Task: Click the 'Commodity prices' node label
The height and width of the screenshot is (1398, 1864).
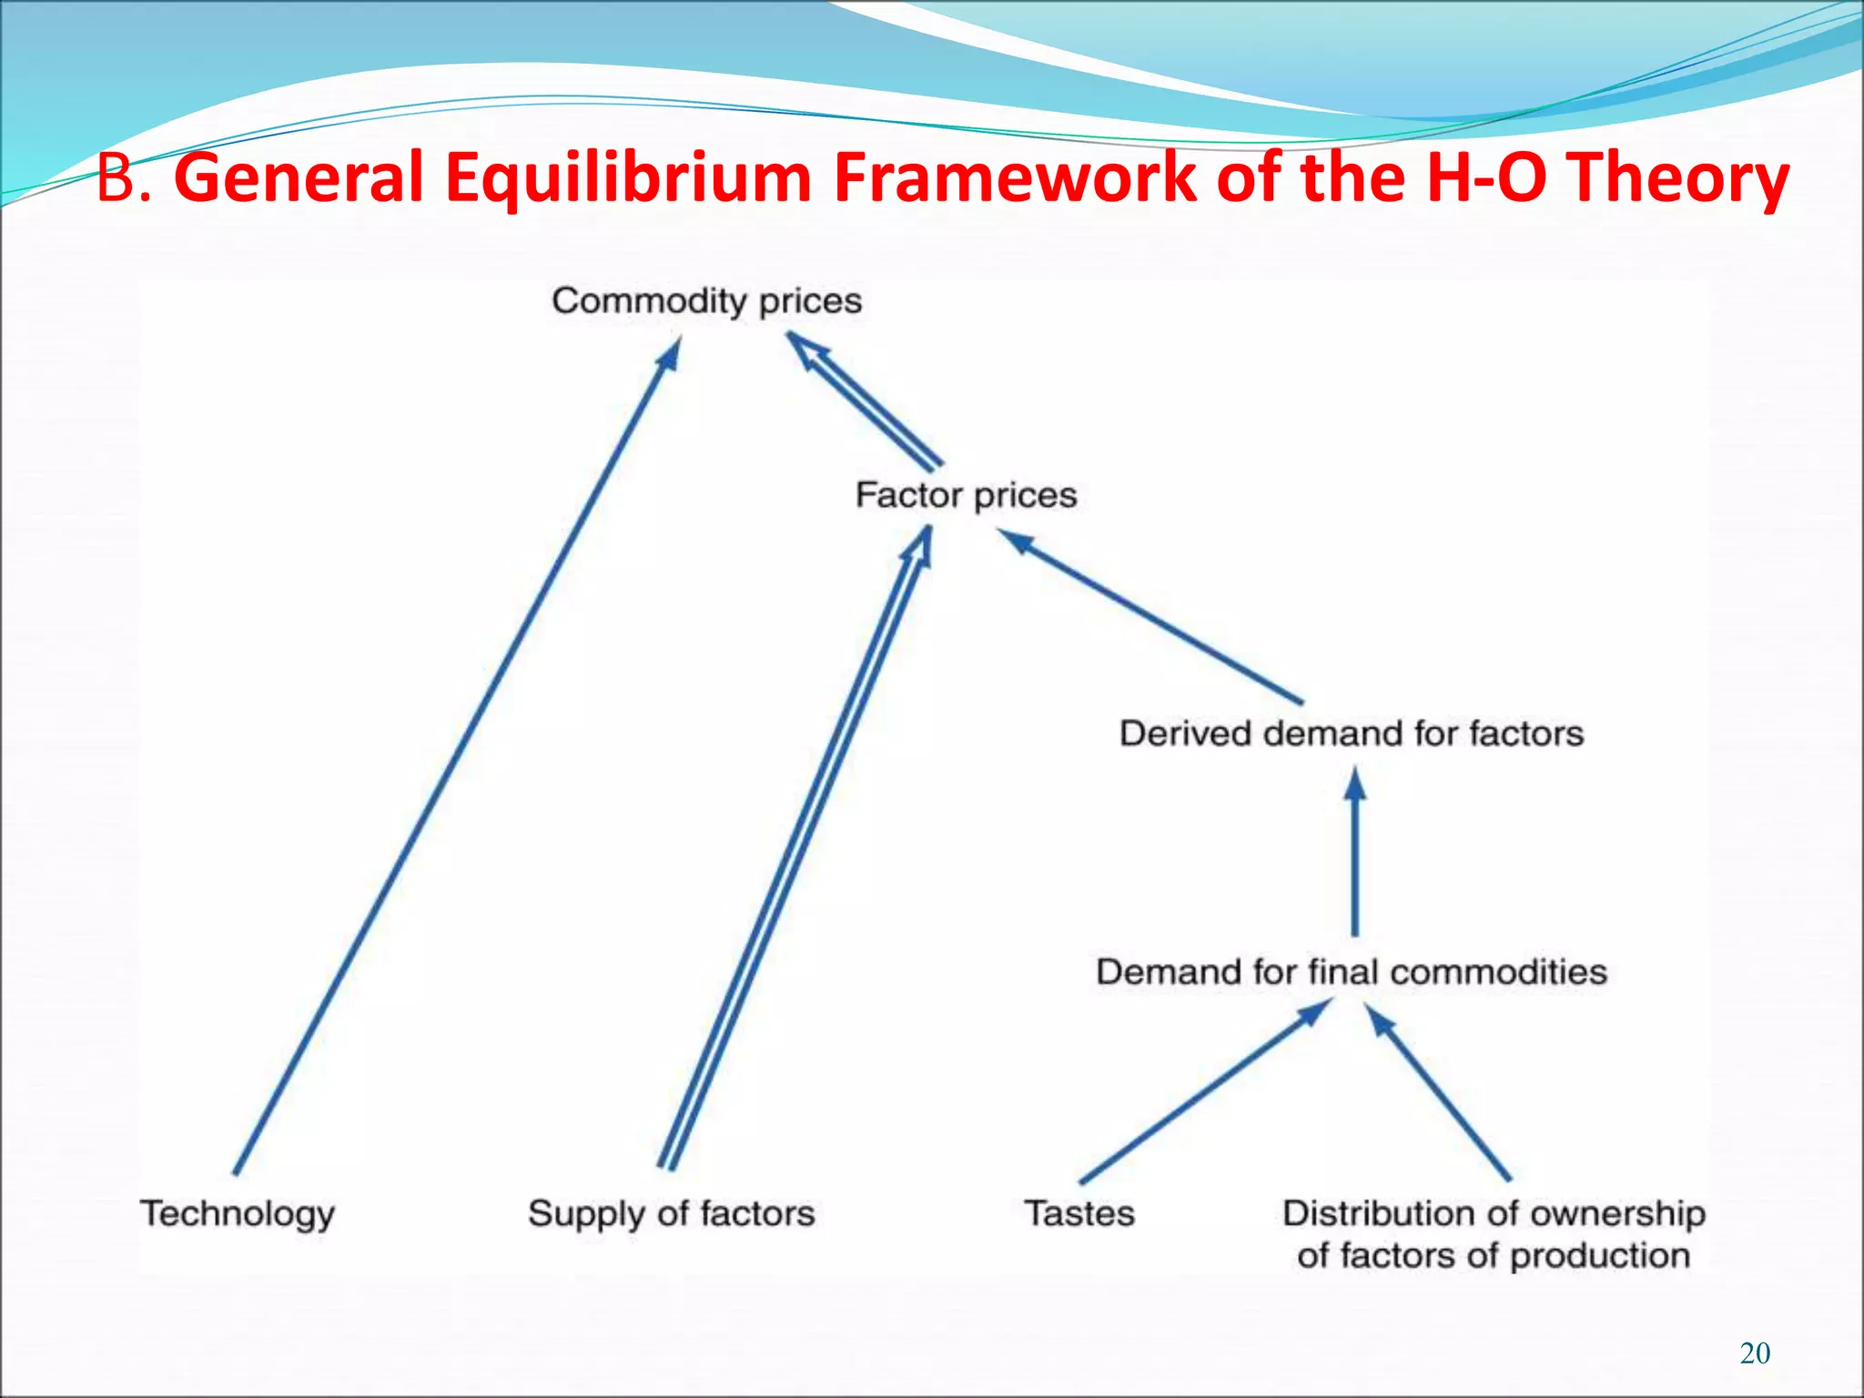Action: coord(706,300)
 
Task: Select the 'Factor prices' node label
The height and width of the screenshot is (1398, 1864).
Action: coord(966,495)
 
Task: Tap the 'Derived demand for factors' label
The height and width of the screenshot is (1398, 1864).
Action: coord(1352,734)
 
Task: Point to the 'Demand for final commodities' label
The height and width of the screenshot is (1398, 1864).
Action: coord(1352,972)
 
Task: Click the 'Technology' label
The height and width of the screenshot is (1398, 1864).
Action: coord(238,1214)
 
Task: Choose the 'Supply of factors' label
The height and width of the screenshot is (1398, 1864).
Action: coord(672,1214)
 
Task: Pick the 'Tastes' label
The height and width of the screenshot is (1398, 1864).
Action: coord(1079,1214)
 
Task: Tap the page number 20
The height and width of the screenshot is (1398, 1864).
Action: coord(1755,1353)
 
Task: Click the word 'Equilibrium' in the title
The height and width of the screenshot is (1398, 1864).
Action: coord(628,177)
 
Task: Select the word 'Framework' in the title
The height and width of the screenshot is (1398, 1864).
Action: coord(1015,177)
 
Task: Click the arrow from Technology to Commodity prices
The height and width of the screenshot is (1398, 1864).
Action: coord(455,755)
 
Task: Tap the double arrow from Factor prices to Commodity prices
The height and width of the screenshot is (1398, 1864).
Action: coord(865,400)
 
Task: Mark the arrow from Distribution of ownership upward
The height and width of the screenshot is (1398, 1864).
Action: coord(1438,1092)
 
